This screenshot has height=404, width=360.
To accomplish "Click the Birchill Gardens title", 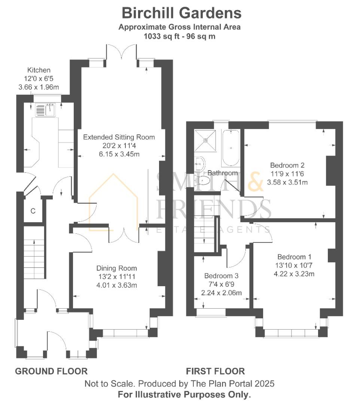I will (x=182, y=13).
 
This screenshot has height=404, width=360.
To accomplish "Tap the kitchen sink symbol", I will (x=45, y=110).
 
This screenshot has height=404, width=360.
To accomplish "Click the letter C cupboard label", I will (x=33, y=211).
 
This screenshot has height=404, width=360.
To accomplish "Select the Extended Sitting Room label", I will (x=119, y=137).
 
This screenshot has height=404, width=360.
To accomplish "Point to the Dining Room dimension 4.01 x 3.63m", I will (x=117, y=285).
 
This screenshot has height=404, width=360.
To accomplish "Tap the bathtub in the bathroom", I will (x=231, y=148).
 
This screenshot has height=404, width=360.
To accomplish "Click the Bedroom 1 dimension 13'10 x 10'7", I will (x=294, y=265).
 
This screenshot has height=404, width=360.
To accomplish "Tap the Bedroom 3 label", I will (x=221, y=276).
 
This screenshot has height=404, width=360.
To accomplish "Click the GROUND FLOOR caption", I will (x=51, y=371).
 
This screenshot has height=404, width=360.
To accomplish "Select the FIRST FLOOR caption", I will (x=216, y=371).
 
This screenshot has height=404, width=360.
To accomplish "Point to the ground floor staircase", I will (x=34, y=258).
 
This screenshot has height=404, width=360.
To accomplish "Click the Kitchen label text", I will (x=39, y=70).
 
